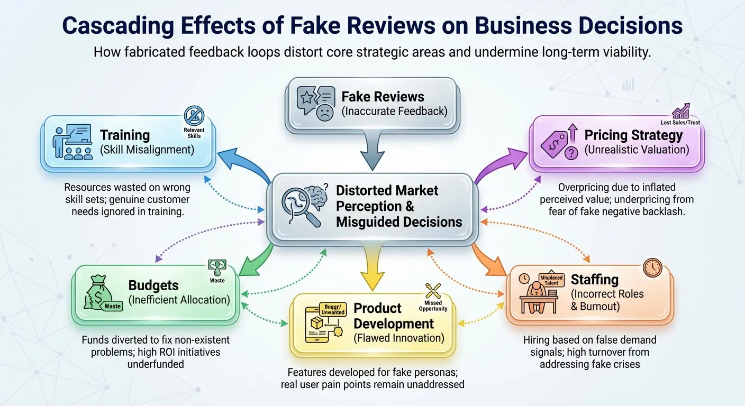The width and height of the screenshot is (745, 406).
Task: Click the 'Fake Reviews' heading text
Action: tap(383, 97)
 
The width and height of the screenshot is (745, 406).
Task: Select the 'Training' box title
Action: tap(125, 135)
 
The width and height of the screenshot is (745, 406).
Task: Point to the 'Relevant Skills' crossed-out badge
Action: tap(194, 116)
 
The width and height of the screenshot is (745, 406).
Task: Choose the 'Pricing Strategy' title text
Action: tap(633, 135)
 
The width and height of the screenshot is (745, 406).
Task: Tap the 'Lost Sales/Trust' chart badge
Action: tap(680, 111)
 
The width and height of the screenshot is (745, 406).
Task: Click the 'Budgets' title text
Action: tap(153, 285)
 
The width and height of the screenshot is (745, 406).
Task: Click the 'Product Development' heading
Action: tap(393, 316)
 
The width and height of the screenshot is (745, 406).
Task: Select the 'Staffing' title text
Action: tap(595, 279)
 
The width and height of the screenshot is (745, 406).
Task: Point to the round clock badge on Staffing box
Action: tap(652, 267)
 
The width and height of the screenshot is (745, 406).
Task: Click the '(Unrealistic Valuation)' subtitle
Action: tap(637, 150)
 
